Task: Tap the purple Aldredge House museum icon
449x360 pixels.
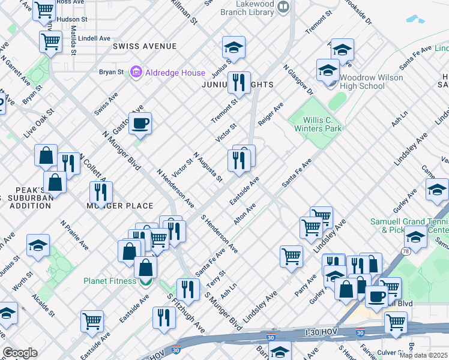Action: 136,73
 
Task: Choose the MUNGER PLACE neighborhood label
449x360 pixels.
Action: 120,206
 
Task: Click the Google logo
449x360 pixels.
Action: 20,352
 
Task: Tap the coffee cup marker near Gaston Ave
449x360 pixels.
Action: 140,124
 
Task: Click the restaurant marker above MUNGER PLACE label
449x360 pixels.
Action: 100,192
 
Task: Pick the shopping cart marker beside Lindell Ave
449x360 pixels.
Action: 50,41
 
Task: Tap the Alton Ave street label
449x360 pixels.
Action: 245,214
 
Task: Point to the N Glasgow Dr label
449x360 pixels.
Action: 299,80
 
